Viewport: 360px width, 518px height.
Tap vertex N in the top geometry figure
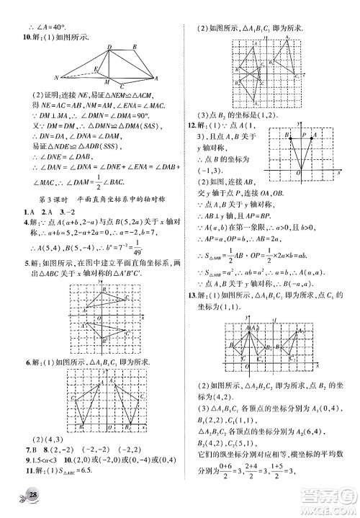click(x=57, y=77)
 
